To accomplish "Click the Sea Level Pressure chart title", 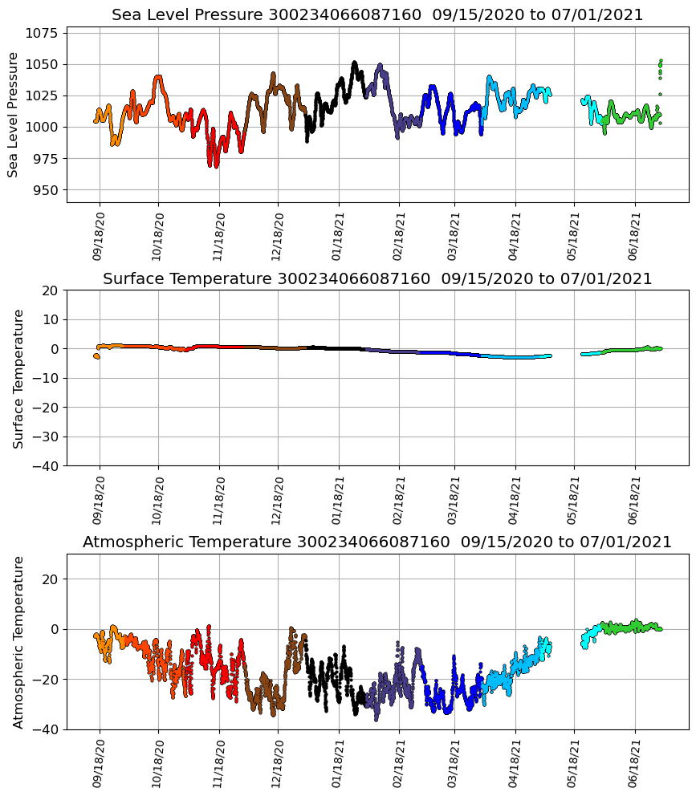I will click(x=377, y=15).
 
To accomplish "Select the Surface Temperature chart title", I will click(x=377, y=278).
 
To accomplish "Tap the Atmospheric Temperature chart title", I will click(x=377, y=542).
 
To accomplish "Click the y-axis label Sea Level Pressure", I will click(x=14, y=115).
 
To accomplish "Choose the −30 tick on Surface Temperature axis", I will click(x=42, y=437).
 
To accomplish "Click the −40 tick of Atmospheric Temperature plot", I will click(x=42, y=729).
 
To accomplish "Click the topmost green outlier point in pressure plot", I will click(x=661, y=61).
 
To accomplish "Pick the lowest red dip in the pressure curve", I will click(x=216, y=164).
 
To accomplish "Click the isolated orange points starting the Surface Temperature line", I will click(x=96, y=356).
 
